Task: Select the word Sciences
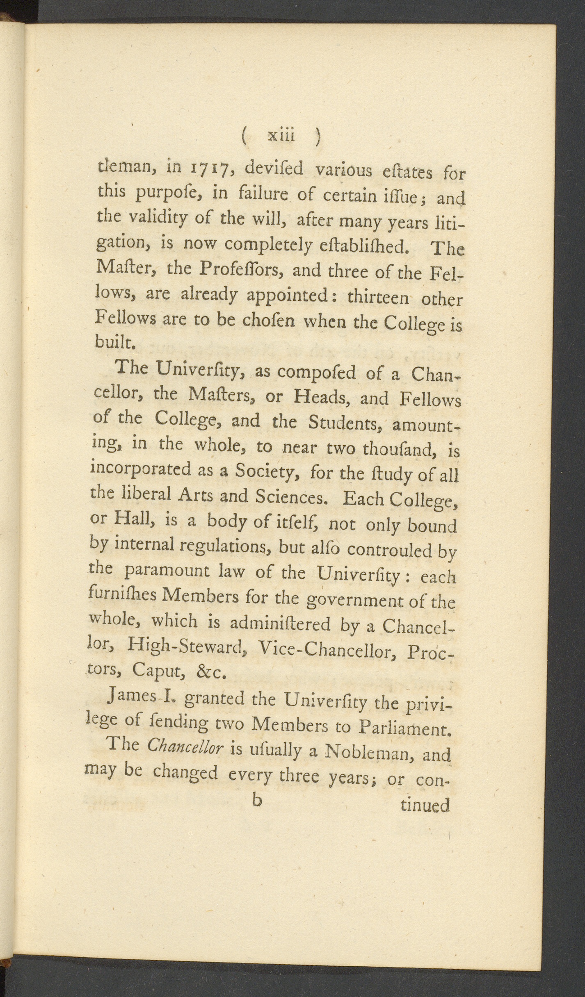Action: tap(292, 497)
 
